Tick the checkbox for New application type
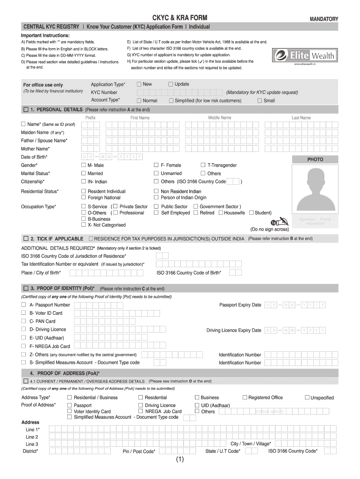pos(139,84)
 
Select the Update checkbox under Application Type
pos(171,84)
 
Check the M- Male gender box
pos(84,165)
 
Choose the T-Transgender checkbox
pos(203,165)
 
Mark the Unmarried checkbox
pos(156,173)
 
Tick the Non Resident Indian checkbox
pos(156,191)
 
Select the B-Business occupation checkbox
pos(84,219)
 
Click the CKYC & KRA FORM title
pos(180,18)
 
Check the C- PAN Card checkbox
pos(23,321)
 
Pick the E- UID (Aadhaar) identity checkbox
pos(23,338)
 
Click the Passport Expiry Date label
pos(240,305)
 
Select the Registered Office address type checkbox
pos(245,398)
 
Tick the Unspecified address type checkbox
pos(307,398)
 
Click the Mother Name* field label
pos(35,149)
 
